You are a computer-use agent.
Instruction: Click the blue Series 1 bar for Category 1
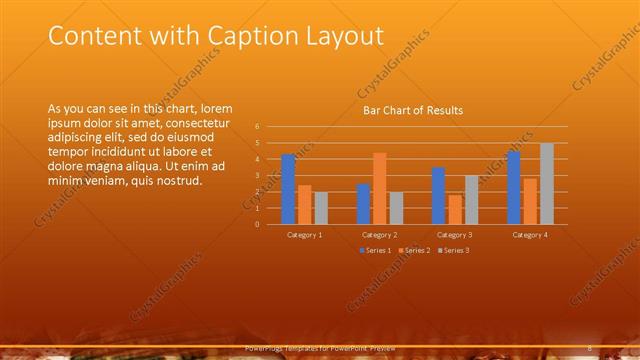(288, 189)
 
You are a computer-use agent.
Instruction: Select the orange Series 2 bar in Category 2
(379, 188)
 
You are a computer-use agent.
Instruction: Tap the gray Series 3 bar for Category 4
(546, 184)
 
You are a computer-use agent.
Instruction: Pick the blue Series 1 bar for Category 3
(438, 196)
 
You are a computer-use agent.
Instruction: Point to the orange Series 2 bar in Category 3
(455, 209)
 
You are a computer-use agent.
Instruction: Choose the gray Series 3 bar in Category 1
(321, 208)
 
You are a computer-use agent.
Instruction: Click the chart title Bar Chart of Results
(412, 110)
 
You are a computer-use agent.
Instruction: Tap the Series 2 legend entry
(412, 249)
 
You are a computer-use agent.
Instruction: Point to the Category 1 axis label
(304, 234)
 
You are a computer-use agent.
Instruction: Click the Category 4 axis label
(530, 234)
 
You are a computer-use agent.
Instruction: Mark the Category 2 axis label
(379, 234)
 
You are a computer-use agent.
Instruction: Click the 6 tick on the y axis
(257, 127)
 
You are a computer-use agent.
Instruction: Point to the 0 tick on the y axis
(257, 224)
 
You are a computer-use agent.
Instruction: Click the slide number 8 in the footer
(590, 347)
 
